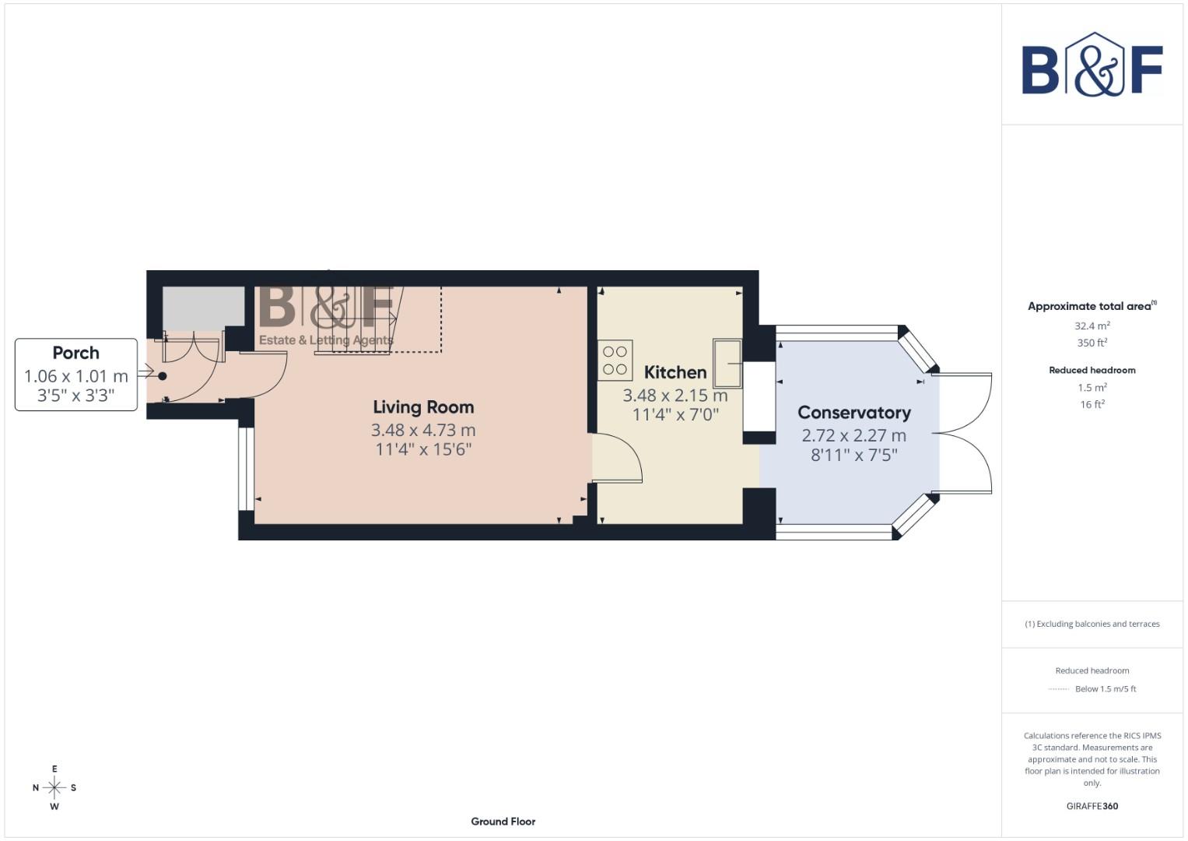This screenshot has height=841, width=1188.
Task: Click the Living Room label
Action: [x=423, y=407]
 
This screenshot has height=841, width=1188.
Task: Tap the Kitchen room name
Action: [x=675, y=372]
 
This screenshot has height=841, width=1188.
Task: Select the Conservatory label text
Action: [x=853, y=413]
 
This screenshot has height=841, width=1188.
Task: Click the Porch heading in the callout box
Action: [x=75, y=353]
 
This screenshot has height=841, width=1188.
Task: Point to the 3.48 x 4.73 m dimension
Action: [x=423, y=430]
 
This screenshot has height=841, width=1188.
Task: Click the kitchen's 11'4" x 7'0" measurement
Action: [x=675, y=414]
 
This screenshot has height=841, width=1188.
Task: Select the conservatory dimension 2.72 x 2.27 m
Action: [x=853, y=435]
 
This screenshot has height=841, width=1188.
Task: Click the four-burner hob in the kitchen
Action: [x=615, y=361]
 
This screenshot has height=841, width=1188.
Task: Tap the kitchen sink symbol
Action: [x=728, y=363]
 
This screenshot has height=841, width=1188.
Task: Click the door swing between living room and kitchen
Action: [x=618, y=459]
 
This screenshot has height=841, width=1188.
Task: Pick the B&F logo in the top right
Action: [x=1092, y=66]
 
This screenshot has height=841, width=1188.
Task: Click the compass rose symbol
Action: [x=54, y=788]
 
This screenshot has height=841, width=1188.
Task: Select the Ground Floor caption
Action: [x=503, y=822]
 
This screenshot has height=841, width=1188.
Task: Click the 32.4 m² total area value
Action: [x=1092, y=326]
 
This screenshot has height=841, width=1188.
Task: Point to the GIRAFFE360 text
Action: [x=1092, y=806]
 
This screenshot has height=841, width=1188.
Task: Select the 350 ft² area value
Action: [x=1092, y=343]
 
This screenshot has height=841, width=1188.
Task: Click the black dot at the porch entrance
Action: [x=163, y=376]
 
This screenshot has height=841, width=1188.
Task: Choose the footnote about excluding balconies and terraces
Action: [x=1092, y=624]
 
